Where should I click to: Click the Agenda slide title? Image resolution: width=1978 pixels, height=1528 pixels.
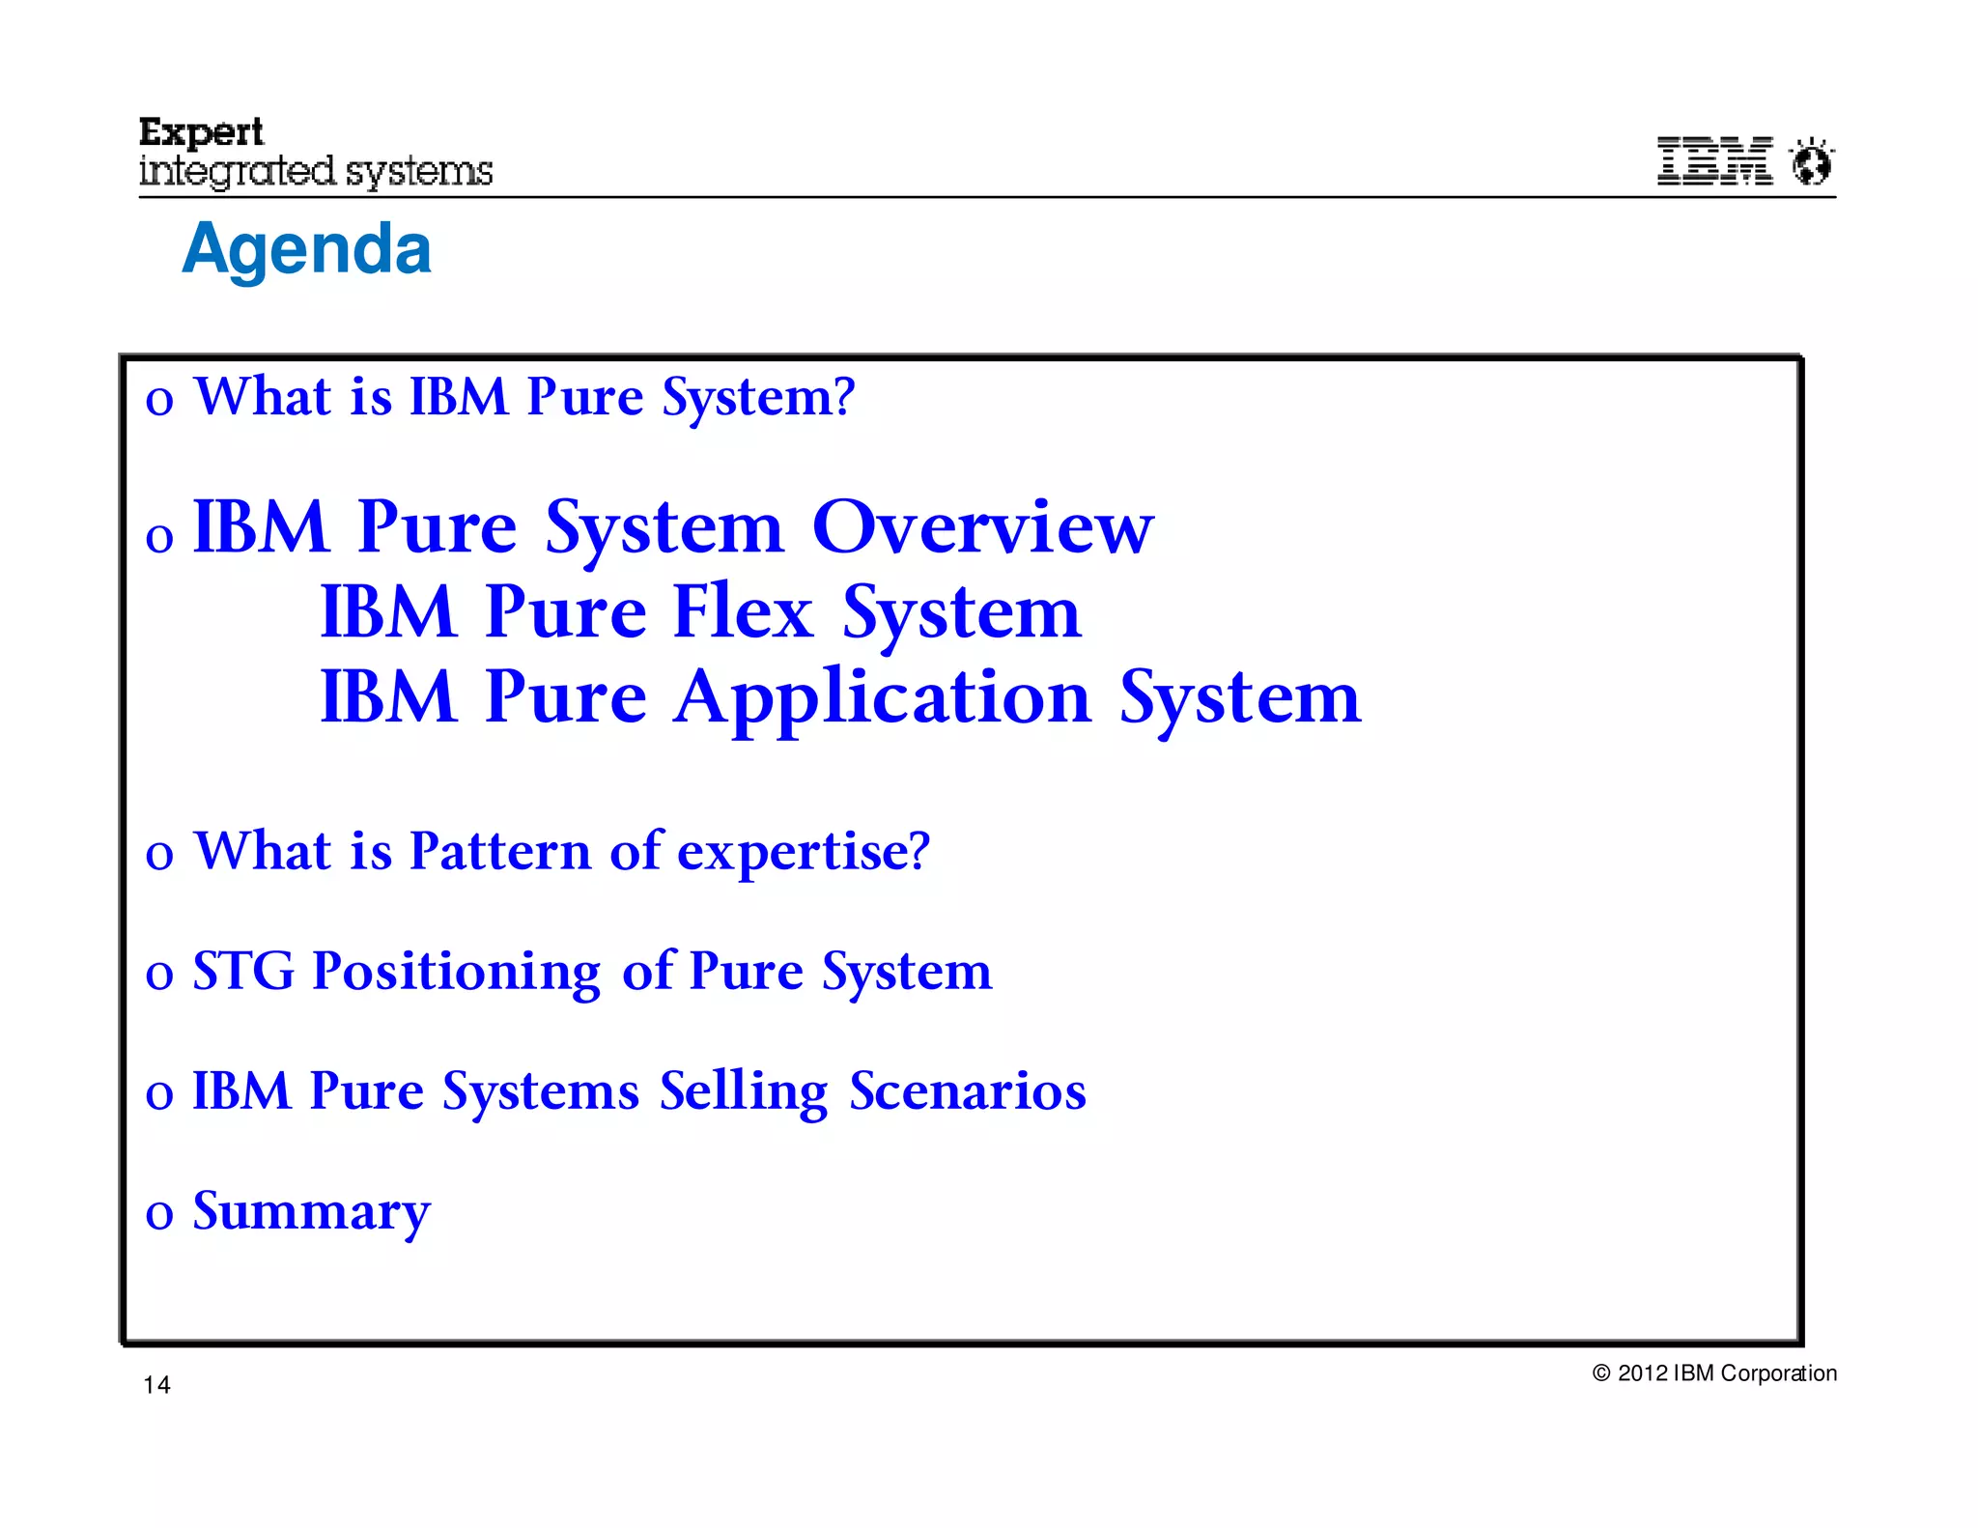coord(306,249)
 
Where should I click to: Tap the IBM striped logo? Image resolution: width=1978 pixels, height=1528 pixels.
coord(1714,160)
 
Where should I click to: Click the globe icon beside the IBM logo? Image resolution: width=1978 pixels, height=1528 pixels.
coord(1812,162)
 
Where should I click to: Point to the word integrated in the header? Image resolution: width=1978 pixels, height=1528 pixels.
coord(238,172)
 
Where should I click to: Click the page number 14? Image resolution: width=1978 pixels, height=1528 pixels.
coord(156,1385)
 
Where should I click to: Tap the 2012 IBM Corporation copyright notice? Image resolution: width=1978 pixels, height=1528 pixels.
coord(1714,1373)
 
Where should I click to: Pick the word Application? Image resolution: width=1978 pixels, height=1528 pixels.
coord(883,698)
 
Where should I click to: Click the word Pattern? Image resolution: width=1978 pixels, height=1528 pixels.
coord(499,851)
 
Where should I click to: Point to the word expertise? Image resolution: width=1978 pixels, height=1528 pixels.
coord(804,853)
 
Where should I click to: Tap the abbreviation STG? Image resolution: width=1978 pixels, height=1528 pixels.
coord(243,971)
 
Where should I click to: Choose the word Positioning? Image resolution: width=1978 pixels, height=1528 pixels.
coord(456,973)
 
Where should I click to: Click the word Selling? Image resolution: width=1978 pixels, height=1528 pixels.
coord(744,1092)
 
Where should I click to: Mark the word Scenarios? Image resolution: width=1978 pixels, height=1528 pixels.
coord(968,1090)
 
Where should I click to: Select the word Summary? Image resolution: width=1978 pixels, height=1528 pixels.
coord(311,1212)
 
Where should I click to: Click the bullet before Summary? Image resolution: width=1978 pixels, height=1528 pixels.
coord(159,1214)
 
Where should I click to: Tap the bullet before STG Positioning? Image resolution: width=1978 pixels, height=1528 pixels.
coord(159,975)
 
